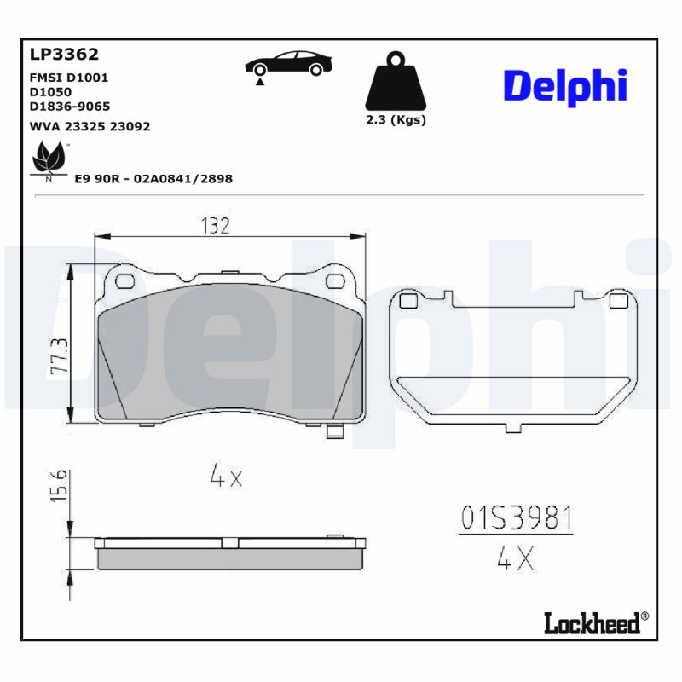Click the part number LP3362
coord(64,55)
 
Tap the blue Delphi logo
coord(564,86)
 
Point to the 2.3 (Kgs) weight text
coord(395,120)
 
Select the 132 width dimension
coord(216,226)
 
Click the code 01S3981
coord(516,517)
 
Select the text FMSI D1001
coord(69,77)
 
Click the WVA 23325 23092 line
coord(90,125)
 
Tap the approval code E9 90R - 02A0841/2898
coord(153,179)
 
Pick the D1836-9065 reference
coord(69,107)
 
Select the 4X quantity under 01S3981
coord(515,559)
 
